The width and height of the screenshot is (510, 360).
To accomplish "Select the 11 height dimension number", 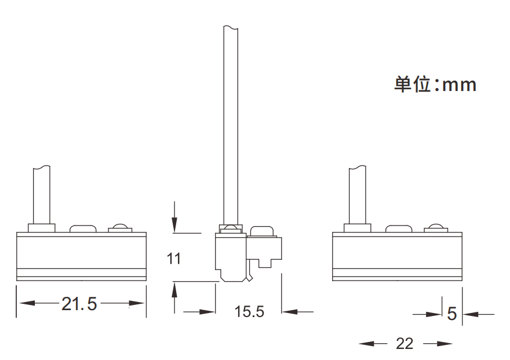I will (x=174, y=259).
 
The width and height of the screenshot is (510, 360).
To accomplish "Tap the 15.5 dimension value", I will (x=249, y=312).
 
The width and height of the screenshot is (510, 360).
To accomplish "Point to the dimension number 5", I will (x=452, y=314).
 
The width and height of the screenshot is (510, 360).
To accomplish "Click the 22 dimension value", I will (x=405, y=344).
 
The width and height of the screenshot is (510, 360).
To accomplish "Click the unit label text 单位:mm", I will (x=435, y=85).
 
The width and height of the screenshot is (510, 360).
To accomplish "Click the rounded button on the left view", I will (x=83, y=228).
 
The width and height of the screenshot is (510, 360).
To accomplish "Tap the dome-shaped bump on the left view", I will (x=120, y=227).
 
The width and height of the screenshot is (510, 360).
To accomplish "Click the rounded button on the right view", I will (x=399, y=228).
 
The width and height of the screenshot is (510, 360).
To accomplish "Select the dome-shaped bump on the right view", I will (x=436, y=227).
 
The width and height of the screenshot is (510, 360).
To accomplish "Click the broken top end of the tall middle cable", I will (x=230, y=27).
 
